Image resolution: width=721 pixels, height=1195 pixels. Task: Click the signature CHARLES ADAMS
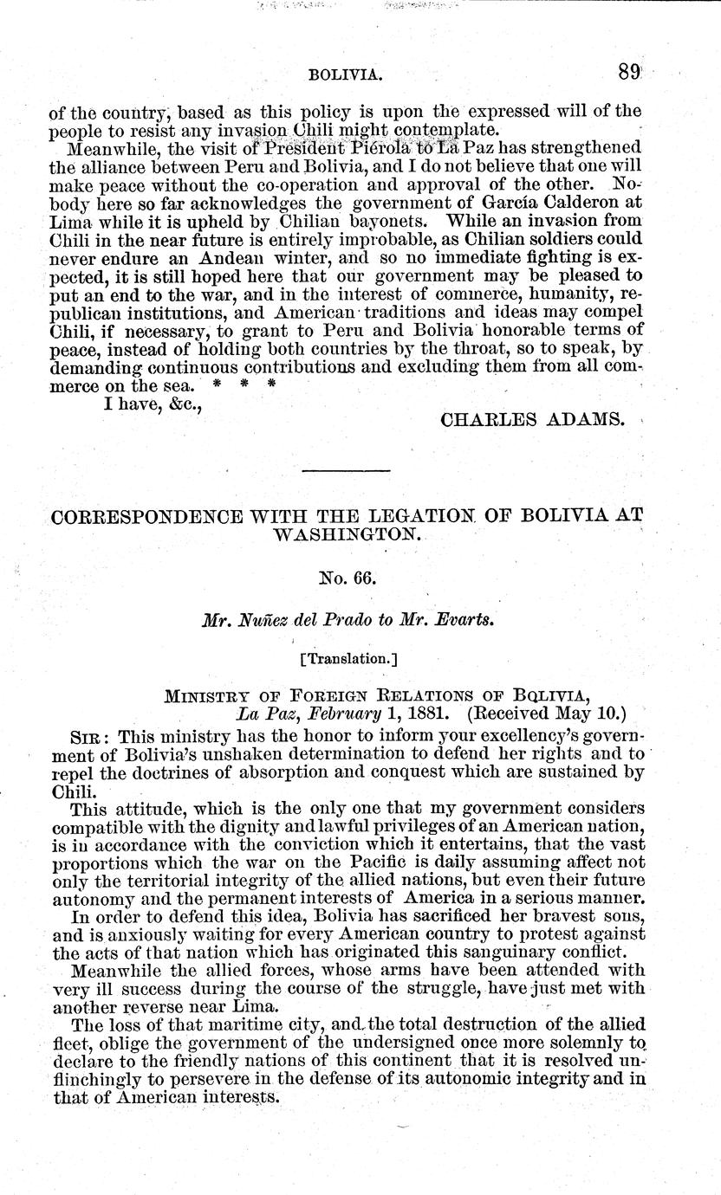532,419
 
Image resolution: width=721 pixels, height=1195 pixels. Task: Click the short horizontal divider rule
347,469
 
